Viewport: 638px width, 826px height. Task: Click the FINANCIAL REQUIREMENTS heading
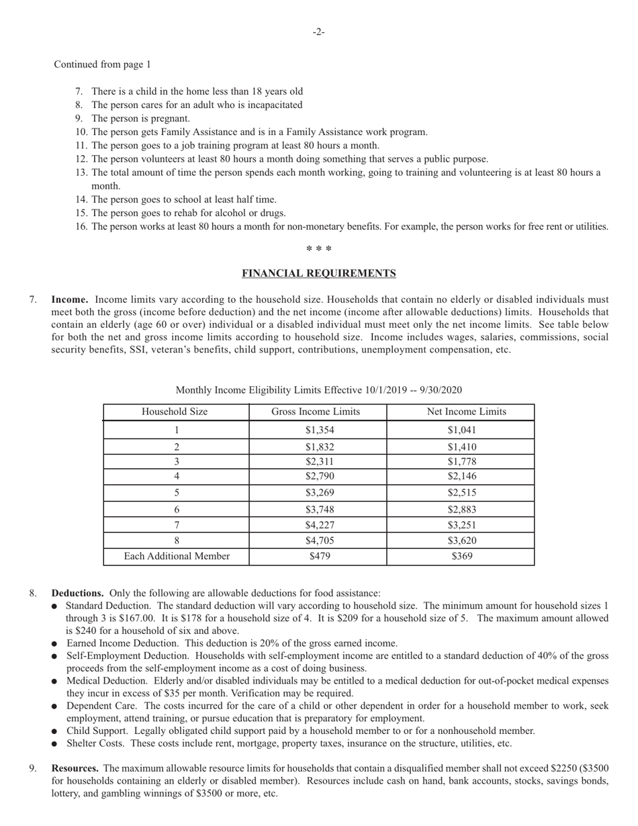pyautogui.click(x=318, y=273)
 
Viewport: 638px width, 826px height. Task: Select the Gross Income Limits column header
pyautogui.click(x=316, y=412)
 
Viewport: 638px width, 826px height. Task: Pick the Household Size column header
pyautogui.click(x=175, y=412)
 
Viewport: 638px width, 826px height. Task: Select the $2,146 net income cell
pyautogui.click(x=461, y=476)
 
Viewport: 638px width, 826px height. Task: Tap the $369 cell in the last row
pyautogui.click(x=461, y=556)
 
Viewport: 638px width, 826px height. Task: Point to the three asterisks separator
pyautogui.click(x=318, y=250)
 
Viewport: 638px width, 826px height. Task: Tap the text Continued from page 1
pyautogui.click(x=102, y=64)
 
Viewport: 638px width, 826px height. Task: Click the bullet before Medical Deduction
pyautogui.click(x=54, y=682)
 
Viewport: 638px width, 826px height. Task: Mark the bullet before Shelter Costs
pyautogui.click(x=54, y=744)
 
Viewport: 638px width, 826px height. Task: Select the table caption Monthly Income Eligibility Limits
pyautogui.click(x=318, y=390)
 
